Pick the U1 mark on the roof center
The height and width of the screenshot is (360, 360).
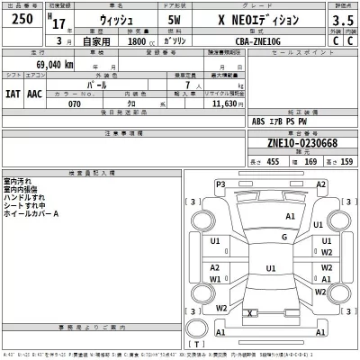click(x=270, y=267)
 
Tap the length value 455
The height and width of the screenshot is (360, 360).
click(x=272, y=161)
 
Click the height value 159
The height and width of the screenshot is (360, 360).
click(x=346, y=161)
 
